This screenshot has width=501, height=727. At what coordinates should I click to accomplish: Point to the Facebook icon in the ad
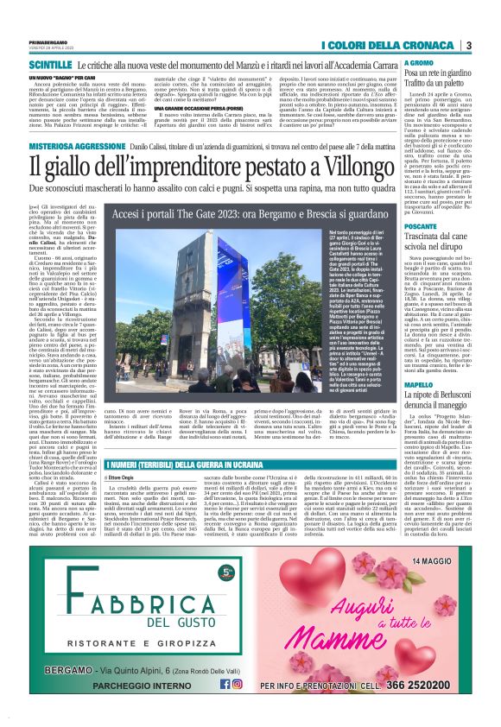pyautogui.click(x=225, y=683)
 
